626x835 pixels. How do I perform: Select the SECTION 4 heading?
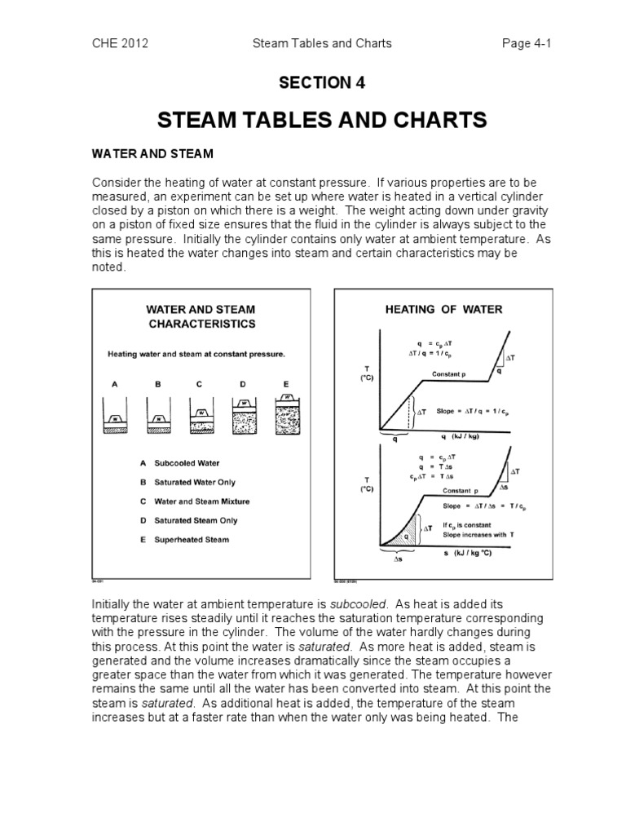(313, 83)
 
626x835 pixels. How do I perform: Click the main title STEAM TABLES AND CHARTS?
(313, 121)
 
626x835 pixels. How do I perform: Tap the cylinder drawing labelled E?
(285, 409)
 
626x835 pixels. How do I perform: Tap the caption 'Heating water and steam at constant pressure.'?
(196, 355)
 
